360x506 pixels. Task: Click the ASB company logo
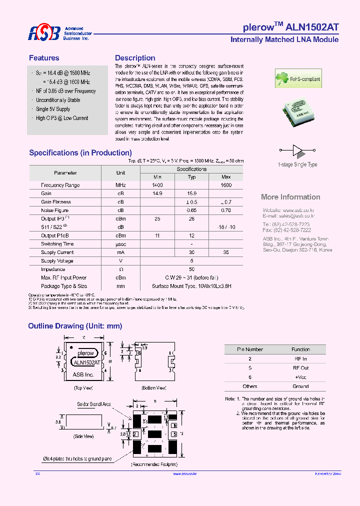pyautogui.click(x=44, y=33)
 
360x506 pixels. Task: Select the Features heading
pyautogui.click(x=44, y=58)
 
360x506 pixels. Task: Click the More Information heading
pyautogui.click(x=290, y=197)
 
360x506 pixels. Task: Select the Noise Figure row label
pyautogui.click(x=55, y=210)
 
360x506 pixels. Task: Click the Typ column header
pyautogui.click(x=191, y=177)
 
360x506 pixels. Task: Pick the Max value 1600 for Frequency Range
pyautogui.click(x=226, y=185)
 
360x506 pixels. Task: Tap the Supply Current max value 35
pyautogui.click(x=226, y=252)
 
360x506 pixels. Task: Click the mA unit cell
pyautogui.click(x=120, y=252)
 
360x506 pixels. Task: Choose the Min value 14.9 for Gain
pyautogui.click(x=157, y=193)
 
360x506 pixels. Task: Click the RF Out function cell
pyautogui.click(x=300, y=367)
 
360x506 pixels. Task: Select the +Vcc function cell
pyautogui.click(x=300, y=377)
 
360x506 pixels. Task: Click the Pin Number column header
pyautogui.click(x=250, y=349)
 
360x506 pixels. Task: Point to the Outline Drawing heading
pyautogui.click(x=75, y=326)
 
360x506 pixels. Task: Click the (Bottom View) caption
pyautogui.click(x=154, y=387)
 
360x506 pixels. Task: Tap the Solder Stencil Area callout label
pyautogui.click(x=94, y=404)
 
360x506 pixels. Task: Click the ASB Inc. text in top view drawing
pyautogui.click(x=83, y=374)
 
